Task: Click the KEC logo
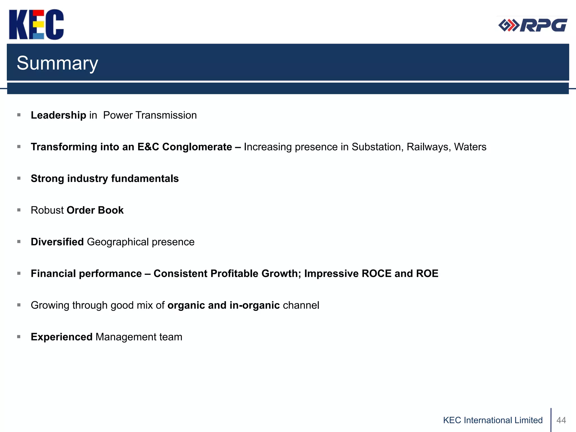click(x=36, y=24)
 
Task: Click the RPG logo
click(x=533, y=25)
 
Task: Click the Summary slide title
click(x=57, y=63)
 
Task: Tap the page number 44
click(x=561, y=420)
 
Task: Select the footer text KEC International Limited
click(x=493, y=420)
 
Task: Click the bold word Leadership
click(x=58, y=115)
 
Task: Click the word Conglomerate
click(x=197, y=147)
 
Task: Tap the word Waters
click(x=470, y=147)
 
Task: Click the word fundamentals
click(x=145, y=179)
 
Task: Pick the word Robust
click(x=47, y=210)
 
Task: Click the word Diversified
click(x=57, y=242)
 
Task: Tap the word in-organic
click(x=255, y=305)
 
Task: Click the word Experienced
click(x=62, y=337)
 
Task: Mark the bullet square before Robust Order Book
click(x=19, y=210)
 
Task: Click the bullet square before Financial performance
click(x=19, y=273)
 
